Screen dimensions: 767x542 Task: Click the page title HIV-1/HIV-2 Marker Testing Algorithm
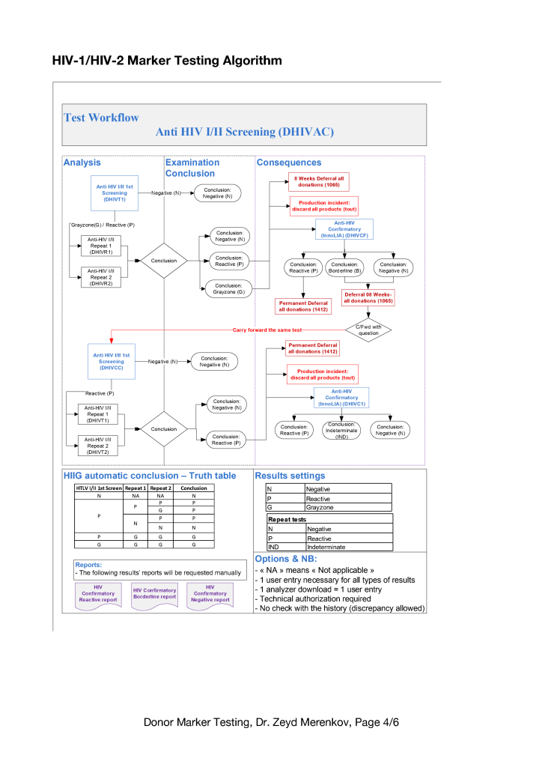(167, 60)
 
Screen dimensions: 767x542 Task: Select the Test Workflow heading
(101, 118)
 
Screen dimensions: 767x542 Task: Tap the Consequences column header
(289, 163)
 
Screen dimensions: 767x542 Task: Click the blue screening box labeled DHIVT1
(115, 193)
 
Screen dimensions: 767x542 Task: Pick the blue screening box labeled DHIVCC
(112, 361)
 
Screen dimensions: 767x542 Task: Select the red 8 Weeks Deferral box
(320, 182)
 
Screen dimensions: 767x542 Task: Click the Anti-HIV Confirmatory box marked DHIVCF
(344, 229)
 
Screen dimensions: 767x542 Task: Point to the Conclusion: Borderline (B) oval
(344, 267)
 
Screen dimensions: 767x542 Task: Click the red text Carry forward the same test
(267, 330)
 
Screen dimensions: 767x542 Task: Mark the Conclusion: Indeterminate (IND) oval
(341, 430)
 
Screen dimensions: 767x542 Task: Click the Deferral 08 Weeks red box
(368, 297)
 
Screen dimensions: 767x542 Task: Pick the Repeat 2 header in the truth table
(160, 488)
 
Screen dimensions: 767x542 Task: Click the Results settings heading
(290, 476)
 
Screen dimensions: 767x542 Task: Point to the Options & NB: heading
(286, 559)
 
